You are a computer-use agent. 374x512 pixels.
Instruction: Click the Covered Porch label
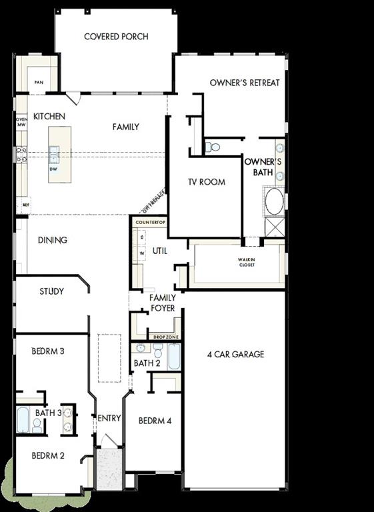pyautogui.click(x=116, y=37)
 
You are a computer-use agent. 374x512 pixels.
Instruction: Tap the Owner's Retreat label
pyautogui.click(x=245, y=83)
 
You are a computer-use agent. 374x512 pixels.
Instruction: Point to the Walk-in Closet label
pyautogui.click(x=247, y=262)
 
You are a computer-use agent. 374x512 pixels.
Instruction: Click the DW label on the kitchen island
pyautogui.click(x=53, y=169)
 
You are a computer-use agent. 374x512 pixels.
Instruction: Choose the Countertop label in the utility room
pyautogui.click(x=150, y=221)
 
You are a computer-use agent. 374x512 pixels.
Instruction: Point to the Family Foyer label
pyautogui.click(x=162, y=303)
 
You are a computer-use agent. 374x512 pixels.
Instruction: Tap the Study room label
pyautogui.click(x=51, y=291)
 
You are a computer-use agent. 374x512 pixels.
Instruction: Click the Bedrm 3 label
pyautogui.click(x=47, y=351)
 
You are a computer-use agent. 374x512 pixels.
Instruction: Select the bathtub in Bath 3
pyautogui.click(x=23, y=421)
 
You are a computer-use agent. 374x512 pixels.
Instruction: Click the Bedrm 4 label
pyautogui.click(x=155, y=421)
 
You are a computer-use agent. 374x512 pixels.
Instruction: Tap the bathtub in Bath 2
pyautogui.click(x=174, y=357)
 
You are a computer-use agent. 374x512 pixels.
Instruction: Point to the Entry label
pyautogui.click(x=109, y=418)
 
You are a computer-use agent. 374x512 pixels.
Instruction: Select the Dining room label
pyautogui.click(x=52, y=240)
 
